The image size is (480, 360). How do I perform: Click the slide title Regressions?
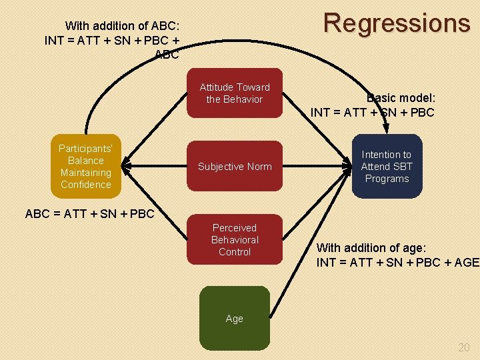click(397, 23)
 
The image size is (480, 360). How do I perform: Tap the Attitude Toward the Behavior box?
click(235, 93)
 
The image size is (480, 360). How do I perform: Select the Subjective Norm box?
click(235, 167)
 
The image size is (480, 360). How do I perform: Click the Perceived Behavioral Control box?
click(235, 240)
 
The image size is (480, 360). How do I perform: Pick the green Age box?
click(235, 319)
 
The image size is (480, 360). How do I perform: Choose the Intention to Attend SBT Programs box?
click(387, 167)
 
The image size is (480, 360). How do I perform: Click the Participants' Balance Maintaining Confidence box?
click(86, 167)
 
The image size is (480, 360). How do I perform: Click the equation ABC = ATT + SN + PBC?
click(89, 214)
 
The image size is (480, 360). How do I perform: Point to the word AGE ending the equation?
click(465, 262)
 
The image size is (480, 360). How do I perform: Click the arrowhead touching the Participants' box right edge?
click(127, 165)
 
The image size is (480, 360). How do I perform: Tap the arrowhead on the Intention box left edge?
click(348, 167)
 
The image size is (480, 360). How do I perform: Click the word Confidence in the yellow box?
click(86, 185)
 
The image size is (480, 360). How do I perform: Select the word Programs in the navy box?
click(387, 179)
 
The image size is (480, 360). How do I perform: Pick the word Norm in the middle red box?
click(259, 167)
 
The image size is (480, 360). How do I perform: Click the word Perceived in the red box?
click(235, 228)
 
